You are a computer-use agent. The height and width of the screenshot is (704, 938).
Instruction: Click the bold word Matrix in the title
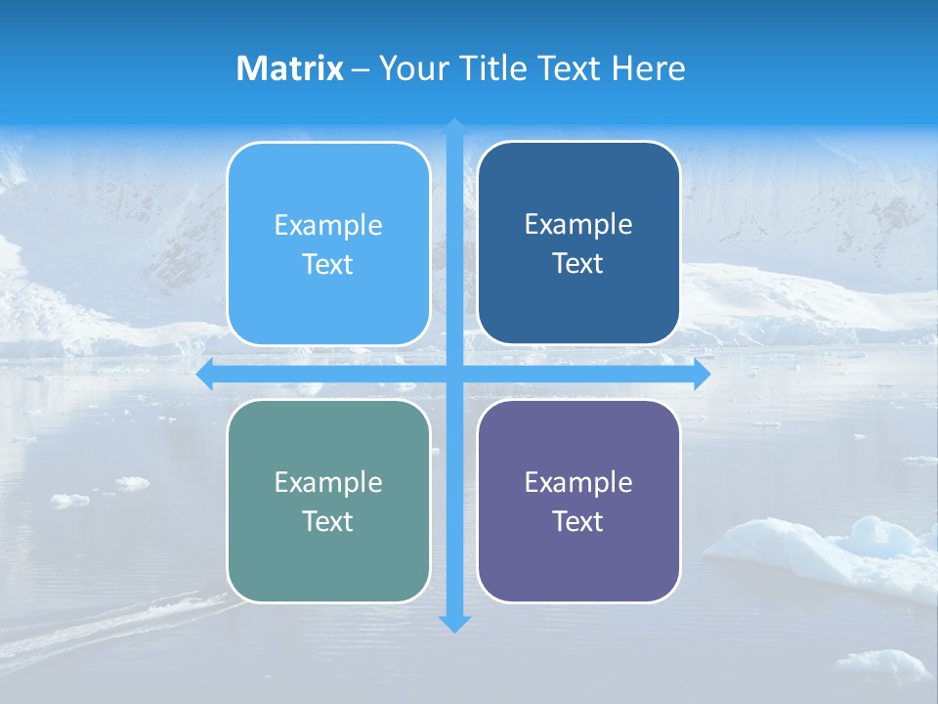point(289,68)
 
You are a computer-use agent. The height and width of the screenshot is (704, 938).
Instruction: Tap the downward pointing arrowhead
point(454,623)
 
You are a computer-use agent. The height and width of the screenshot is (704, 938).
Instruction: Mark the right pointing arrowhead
point(702,374)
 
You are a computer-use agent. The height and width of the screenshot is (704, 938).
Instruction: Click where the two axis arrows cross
point(454,374)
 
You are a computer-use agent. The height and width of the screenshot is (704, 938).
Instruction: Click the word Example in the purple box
point(578,482)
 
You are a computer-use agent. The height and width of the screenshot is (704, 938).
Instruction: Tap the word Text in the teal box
point(328,521)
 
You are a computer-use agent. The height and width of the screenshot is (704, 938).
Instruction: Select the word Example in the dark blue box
point(578,224)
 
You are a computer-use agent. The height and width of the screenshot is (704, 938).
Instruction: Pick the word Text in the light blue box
point(328,264)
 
